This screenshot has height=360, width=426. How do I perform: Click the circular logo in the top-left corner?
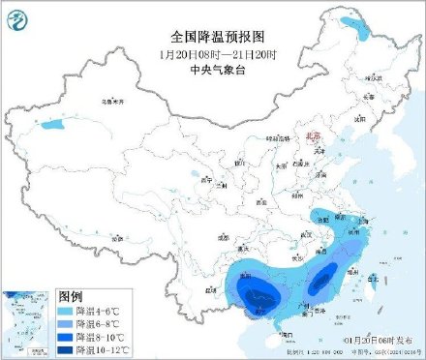pyautogui.click(x=20, y=20)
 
